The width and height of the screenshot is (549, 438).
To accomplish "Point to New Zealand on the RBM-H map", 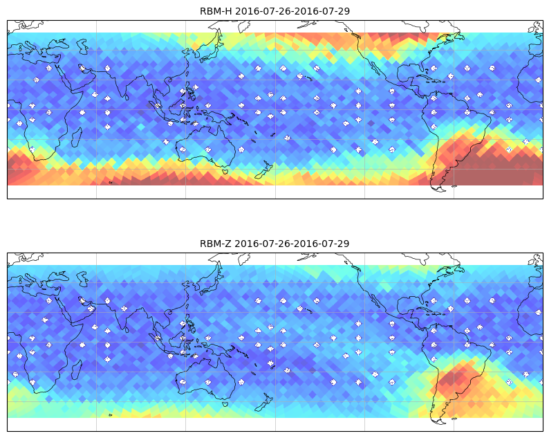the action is pyautogui.click(x=264, y=170).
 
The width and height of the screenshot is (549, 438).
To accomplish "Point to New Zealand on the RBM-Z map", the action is pyautogui.click(x=264, y=403).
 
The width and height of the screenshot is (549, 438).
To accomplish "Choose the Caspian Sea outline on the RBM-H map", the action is pyautogui.click(x=82, y=46).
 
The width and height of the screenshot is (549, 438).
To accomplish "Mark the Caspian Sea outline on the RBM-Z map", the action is pyautogui.click(x=82, y=279).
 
